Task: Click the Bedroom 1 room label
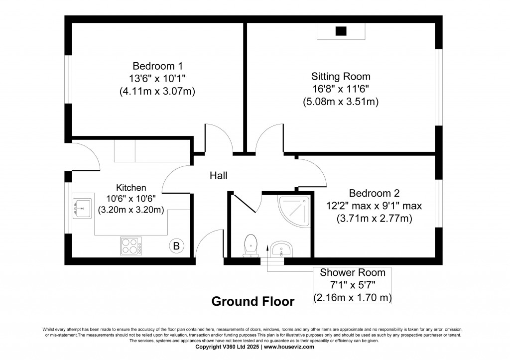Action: [x=157, y=66]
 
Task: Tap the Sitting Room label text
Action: [x=341, y=76]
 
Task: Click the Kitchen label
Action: [x=131, y=188]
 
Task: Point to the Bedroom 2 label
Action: [x=374, y=193]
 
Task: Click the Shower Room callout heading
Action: [x=352, y=272]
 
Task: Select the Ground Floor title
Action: [x=253, y=301]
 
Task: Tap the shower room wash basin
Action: [x=282, y=248]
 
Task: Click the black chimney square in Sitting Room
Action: [x=341, y=31]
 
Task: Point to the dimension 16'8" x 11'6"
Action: [x=341, y=89]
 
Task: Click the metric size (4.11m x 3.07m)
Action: [x=157, y=91]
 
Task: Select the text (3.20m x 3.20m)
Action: [x=131, y=210]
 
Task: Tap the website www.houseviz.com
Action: [x=289, y=347]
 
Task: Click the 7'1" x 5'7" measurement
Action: [x=352, y=285]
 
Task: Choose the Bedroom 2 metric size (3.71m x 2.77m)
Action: [x=374, y=218]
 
